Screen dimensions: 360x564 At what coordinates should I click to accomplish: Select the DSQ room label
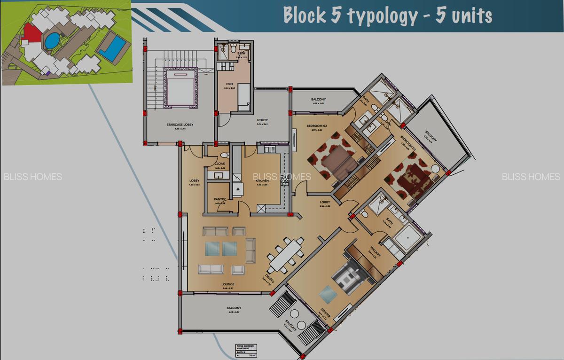[x=230, y=85]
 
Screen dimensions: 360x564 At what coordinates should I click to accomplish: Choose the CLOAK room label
[x=220, y=164]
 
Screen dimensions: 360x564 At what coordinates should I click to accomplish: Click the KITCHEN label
[x=262, y=180]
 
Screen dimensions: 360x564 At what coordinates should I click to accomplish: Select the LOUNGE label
[x=228, y=284]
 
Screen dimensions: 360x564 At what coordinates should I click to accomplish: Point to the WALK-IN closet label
[x=375, y=251]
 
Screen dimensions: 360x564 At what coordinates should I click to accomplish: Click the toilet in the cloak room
[x=224, y=155]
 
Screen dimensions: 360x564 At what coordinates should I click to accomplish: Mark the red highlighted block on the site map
[x=31, y=34]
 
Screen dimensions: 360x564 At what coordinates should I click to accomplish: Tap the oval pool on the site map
[x=51, y=41]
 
